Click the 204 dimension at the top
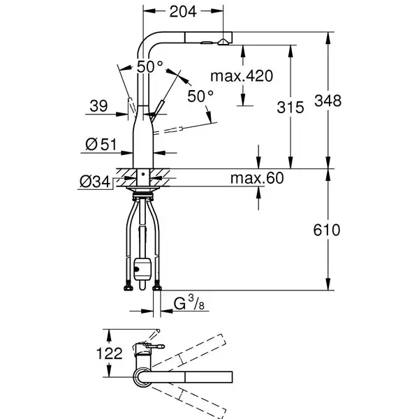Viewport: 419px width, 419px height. (183, 11)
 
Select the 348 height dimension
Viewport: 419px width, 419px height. (328, 101)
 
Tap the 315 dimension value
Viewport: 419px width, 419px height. (291, 108)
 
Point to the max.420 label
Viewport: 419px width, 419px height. (242, 76)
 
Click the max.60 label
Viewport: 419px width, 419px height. (257, 178)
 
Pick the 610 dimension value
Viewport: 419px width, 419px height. (327, 230)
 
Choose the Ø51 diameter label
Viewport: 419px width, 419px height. (101, 145)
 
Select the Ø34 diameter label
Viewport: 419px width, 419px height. (95, 182)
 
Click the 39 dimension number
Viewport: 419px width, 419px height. (98, 106)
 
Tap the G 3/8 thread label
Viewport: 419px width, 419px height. (189, 303)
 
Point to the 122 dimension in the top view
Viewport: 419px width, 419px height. (110, 353)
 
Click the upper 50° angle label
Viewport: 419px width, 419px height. (150, 66)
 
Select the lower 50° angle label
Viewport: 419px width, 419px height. (200, 96)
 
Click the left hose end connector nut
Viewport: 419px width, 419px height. (128, 286)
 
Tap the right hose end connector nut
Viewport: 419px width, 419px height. (157, 286)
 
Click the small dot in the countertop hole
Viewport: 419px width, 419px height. (143, 174)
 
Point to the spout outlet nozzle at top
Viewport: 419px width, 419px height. (223, 42)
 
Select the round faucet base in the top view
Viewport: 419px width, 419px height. (142, 377)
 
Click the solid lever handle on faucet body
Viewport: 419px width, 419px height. (156, 110)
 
